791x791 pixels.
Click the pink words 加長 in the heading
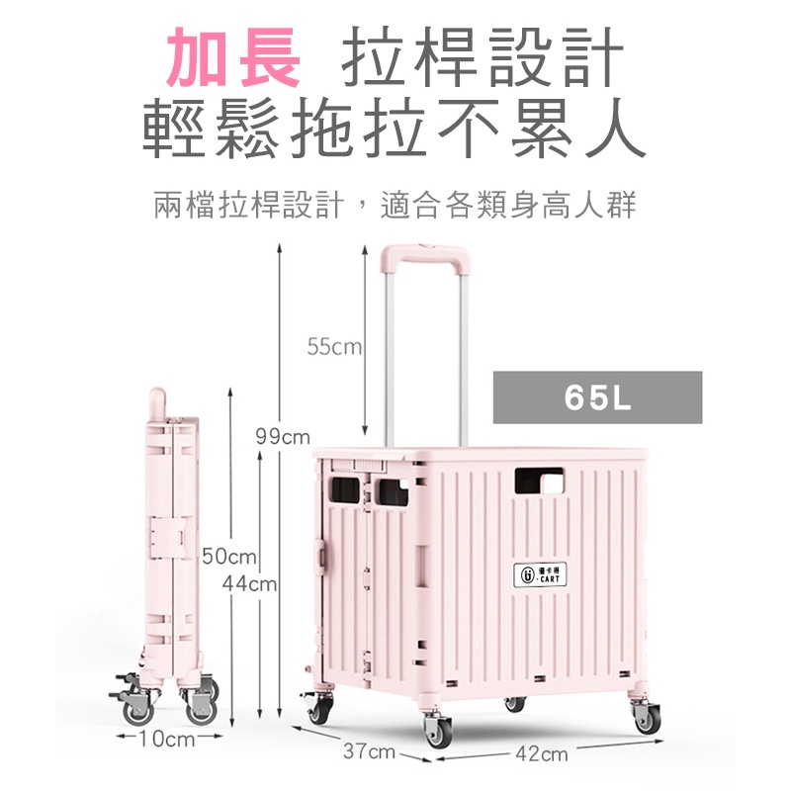[x=233, y=56]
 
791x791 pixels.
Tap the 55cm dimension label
[x=334, y=347]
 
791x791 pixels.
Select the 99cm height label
[x=283, y=436]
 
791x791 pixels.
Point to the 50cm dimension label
[x=229, y=557]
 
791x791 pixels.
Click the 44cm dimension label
[x=250, y=583]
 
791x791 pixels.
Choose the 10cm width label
[x=167, y=739]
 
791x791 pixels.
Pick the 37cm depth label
[x=369, y=751]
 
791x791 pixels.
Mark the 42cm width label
[x=541, y=753]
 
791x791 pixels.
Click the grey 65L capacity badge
[x=597, y=397]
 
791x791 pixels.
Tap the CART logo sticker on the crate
[x=540, y=574]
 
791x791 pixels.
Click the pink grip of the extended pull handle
[x=425, y=256]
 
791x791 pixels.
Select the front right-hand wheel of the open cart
[x=648, y=718]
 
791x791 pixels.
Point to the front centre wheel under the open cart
[x=438, y=730]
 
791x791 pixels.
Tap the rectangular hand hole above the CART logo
[x=539, y=481]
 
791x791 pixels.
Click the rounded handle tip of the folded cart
[x=157, y=402]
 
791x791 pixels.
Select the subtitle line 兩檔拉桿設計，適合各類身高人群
[x=395, y=206]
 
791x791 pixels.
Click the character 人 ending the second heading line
[x=616, y=128]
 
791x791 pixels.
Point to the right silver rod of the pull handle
[x=463, y=359]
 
